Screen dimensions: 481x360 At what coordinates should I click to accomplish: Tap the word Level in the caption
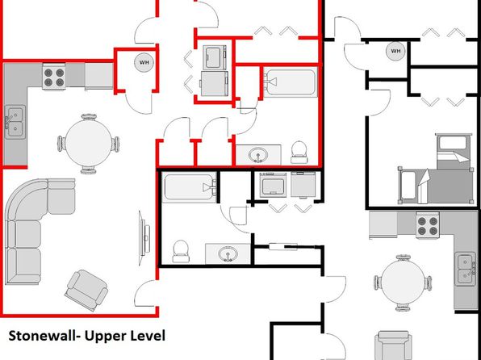[148, 336]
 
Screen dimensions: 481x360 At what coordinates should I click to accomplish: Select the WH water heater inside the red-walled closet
[144, 63]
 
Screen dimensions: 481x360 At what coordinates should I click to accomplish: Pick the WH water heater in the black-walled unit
[395, 51]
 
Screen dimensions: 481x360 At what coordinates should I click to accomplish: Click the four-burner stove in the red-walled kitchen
[54, 77]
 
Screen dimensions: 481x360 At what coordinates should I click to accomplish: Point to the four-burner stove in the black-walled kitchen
[428, 225]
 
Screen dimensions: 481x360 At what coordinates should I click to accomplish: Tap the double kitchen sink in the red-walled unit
[15, 122]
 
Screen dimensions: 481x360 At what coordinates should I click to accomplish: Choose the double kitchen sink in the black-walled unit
[466, 269]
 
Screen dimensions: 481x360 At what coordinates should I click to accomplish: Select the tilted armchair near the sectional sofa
[86, 290]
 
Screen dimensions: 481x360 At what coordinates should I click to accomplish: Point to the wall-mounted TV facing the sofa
[144, 238]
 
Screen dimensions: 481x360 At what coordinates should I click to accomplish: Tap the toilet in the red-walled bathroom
[299, 152]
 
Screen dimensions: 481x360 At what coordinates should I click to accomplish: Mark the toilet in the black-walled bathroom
[181, 251]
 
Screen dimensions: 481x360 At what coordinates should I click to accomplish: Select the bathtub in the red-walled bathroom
[291, 82]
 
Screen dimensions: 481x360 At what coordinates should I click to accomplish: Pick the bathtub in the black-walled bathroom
[190, 187]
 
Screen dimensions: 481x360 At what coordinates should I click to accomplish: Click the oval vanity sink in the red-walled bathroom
[258, 155]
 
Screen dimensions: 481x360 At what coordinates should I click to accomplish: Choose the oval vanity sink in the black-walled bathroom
[228, 253]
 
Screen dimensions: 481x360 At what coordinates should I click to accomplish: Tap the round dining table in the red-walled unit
[88, 144]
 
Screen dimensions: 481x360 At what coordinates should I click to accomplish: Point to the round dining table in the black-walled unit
[403, 283]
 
